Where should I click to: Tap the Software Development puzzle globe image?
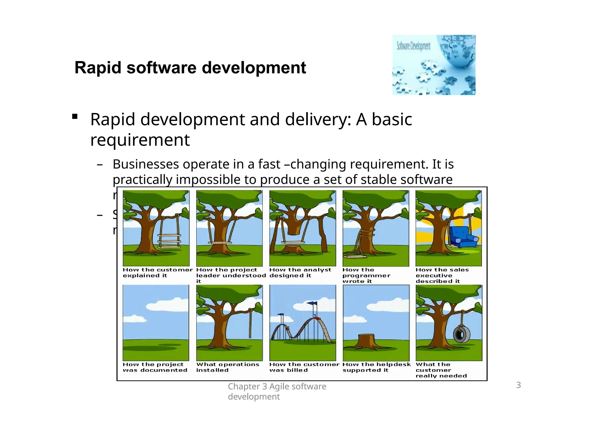[434, 65]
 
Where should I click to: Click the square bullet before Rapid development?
[75, 117]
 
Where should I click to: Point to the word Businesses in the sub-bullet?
[146, 164]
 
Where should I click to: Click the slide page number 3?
[518, 385]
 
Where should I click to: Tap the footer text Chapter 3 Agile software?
[277, 387]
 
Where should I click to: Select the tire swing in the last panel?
[462, 334]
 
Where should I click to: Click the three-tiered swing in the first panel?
[169, 240]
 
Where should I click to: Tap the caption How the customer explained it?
[157, 273]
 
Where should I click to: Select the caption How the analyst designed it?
[300, 273]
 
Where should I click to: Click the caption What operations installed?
[227, 367]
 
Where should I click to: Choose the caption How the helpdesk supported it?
[376, 367]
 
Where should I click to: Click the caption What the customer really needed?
[441, 370]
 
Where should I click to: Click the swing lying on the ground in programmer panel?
[355, 256]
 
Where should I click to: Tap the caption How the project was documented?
[155, 367]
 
